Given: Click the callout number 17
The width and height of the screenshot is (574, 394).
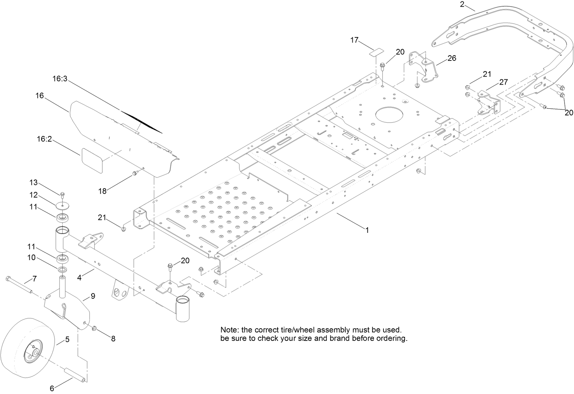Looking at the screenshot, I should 354,40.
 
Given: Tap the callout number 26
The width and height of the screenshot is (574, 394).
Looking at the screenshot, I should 452,58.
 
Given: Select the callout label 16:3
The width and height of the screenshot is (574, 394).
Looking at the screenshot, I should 60,79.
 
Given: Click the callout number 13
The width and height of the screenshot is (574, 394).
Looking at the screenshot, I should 33,182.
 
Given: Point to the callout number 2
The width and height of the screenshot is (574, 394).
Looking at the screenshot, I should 462,4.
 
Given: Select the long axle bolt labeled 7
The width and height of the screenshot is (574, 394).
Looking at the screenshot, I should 19,285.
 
